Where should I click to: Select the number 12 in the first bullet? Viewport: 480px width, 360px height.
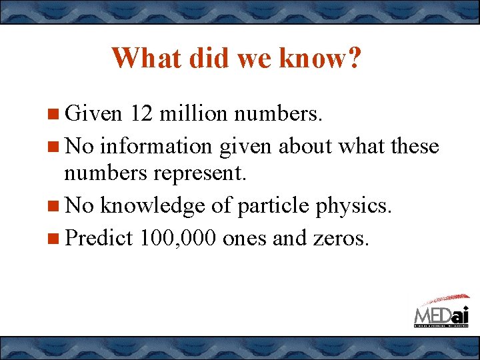point(143,114)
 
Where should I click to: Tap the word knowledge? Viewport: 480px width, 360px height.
point(152,206)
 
